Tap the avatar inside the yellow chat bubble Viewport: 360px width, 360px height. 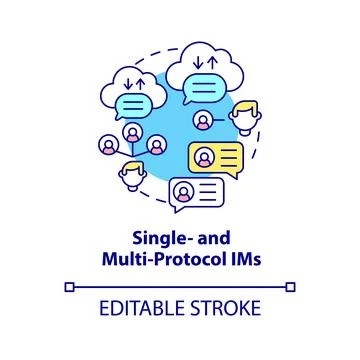pyautogui.click(x=202, y=156)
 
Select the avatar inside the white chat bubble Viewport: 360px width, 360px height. pyautogui.click(x=184, y=189)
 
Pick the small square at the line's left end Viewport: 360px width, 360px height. pyautogui.click(x=69, y=287)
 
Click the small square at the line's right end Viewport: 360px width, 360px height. pyautogui.click(x=291, y=287)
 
